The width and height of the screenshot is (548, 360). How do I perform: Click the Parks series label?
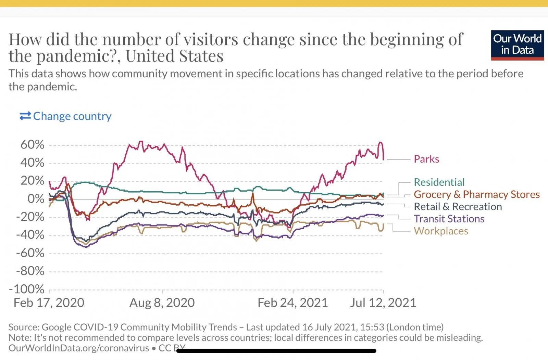426,159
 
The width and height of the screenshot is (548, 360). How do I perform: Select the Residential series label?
439,182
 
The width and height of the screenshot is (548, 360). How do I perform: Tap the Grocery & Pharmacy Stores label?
476,194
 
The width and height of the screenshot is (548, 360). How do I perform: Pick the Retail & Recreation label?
458,207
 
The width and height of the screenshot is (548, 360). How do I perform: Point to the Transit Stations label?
449,219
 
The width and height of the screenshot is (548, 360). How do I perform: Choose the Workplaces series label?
441,231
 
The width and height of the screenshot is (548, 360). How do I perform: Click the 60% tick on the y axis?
33,145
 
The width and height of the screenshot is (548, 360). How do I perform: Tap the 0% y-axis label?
36,199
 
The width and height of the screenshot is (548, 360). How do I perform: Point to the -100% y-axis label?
27,289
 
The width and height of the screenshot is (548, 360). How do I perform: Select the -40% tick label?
30,235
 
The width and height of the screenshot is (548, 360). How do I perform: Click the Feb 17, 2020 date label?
49,303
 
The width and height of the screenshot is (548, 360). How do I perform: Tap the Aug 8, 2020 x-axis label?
162,303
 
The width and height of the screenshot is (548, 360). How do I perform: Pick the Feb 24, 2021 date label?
293,303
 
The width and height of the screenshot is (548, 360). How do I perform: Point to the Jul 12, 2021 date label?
383,303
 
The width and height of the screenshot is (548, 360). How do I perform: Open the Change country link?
72,116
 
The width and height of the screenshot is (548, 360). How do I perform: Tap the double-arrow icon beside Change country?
25,116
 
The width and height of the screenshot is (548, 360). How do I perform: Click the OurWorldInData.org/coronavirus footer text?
79,348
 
